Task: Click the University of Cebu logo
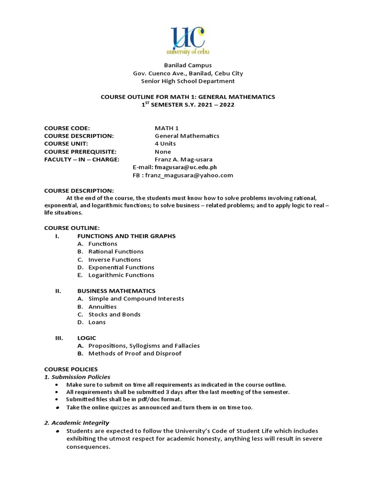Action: click(188, 41)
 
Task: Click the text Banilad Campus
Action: click(188, 65)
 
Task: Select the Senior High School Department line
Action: click(188, 81)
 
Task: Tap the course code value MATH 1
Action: click(166, 128)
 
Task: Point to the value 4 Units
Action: click(165, 144)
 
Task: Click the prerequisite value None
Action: click(163, 152)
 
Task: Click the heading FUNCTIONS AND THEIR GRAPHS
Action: click(126, 236)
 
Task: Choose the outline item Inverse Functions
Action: click(115, 259)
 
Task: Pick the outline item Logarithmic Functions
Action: click(121, 275)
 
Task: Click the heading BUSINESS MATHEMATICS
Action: click(117, 291)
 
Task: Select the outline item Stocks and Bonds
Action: click(115, 314)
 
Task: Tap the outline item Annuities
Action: click(102, 306)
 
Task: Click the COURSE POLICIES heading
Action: click(71, 369)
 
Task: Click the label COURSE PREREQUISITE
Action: click(79, 152)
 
